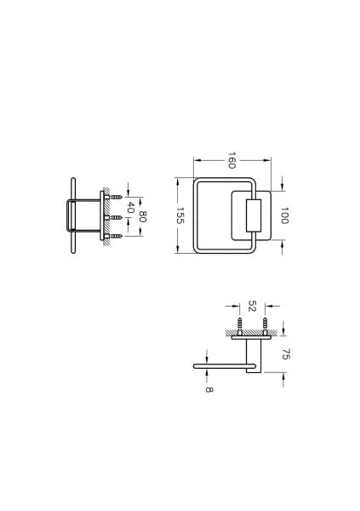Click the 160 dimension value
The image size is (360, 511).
point(231,160)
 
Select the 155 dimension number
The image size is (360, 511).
point(180,215)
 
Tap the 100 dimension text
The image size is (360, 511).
point(284,215)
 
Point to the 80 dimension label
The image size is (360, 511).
point(142,216)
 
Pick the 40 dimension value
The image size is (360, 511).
point(130,208)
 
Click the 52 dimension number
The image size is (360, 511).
point(252,306)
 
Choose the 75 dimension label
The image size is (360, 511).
point(286,354)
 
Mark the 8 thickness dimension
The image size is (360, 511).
point(209,389)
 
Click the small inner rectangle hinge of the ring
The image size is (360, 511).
point(254,215)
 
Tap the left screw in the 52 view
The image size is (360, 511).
point(239,326)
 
